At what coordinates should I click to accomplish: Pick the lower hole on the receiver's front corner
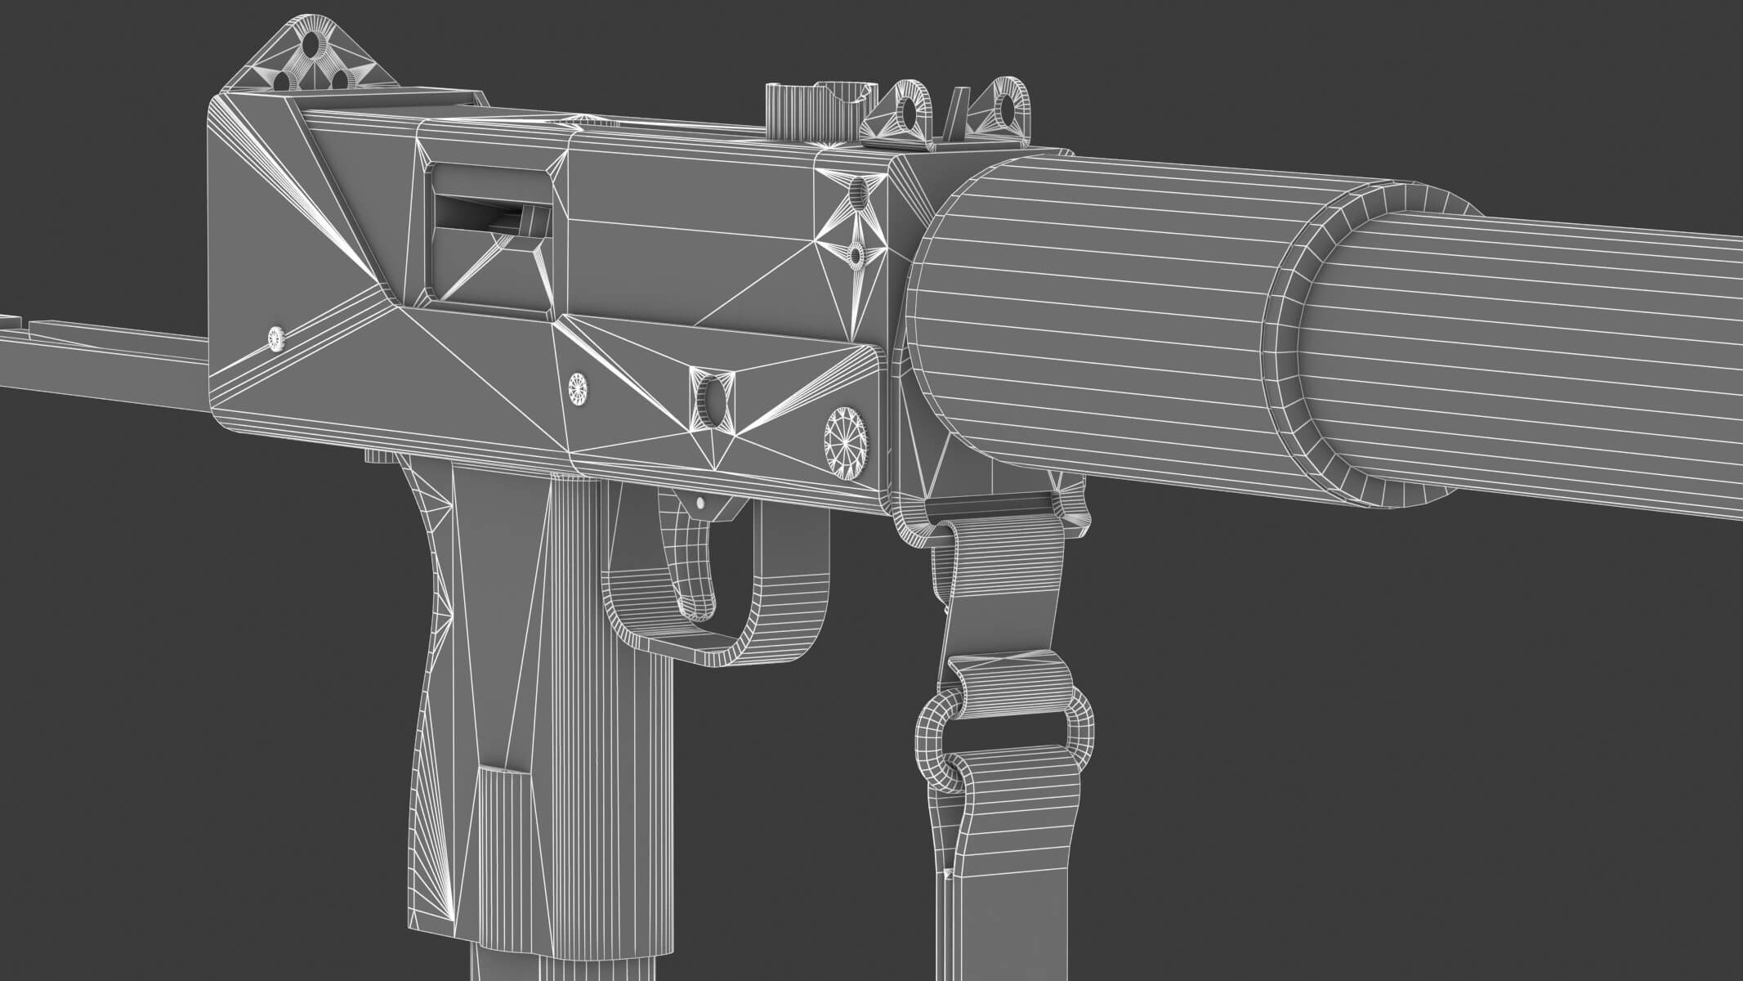pyautogui.click(x=855, y=256)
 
